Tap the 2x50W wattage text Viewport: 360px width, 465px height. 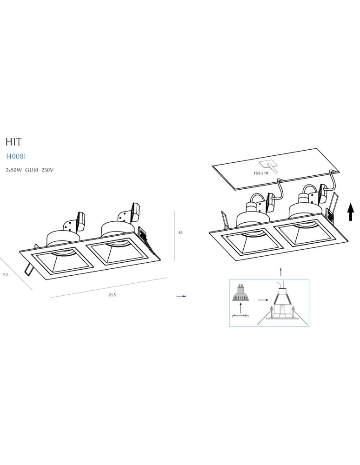[14, 170]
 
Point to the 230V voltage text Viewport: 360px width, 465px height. [48, 170]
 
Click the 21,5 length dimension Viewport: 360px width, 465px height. [112, 295]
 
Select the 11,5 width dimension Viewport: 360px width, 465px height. [5, 274]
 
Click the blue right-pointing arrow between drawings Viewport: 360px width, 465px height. [181, 296]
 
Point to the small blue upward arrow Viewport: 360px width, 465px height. [280, 271]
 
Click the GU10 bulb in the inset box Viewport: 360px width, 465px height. [240, 293]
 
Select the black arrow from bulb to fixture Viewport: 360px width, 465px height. [263, 300]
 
